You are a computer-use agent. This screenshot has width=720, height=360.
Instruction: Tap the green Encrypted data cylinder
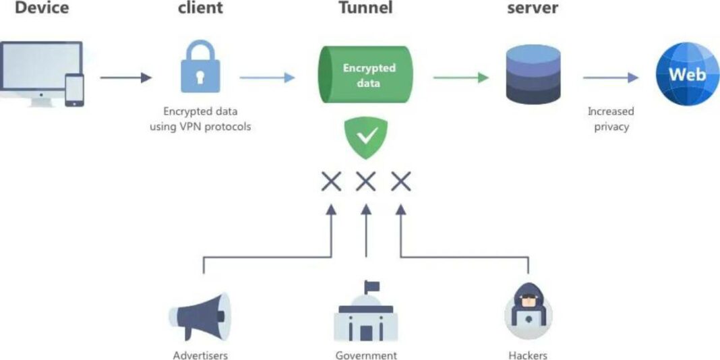[365, 75]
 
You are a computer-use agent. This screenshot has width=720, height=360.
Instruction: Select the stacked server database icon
[532, 75]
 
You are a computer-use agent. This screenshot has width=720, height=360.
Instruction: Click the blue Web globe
[686, 75]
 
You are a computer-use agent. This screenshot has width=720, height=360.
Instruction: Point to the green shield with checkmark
[366, 138]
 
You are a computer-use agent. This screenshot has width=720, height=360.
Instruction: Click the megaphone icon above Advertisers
[200, 317]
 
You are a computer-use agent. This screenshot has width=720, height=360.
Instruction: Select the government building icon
[366, 320]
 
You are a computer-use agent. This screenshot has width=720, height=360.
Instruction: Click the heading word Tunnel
[366, 9]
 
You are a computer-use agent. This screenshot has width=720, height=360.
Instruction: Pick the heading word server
[532, 9]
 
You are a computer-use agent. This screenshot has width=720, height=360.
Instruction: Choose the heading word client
[200, 9]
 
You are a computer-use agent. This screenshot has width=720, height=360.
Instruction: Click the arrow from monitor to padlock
[126, 78]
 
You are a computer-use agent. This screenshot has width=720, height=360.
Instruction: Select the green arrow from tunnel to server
[460, 78]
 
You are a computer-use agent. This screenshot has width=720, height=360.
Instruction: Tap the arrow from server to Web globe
[610, 78]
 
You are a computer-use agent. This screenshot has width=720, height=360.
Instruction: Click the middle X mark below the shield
[366, 181]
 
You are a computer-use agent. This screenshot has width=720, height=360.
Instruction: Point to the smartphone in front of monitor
[74, 90]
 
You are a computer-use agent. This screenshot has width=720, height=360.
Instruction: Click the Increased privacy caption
[611, 119]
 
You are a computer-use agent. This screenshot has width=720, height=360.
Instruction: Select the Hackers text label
[528, 355]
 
